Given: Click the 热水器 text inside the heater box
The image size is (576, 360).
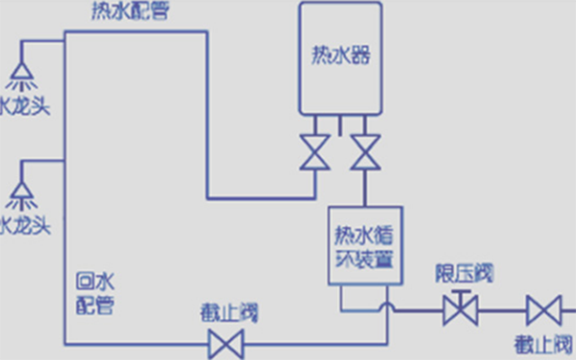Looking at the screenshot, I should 341,54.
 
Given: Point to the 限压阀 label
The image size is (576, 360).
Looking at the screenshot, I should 462,274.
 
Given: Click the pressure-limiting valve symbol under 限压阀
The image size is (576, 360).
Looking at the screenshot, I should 460,311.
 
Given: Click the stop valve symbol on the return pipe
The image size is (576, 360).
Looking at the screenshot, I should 227,343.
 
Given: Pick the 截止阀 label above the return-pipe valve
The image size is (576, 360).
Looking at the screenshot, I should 229,312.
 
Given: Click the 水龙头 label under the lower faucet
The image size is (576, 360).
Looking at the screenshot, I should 25,227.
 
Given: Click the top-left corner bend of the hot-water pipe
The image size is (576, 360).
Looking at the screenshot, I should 64,32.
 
